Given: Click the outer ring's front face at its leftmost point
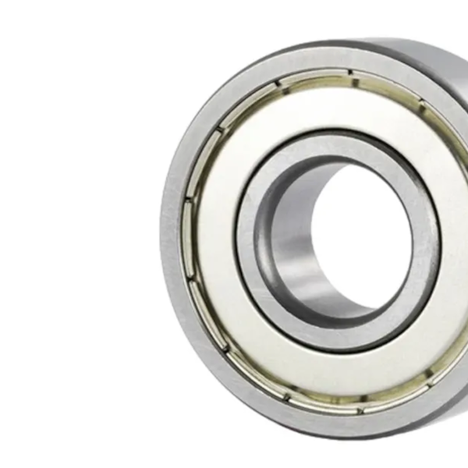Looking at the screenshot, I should (172, 234).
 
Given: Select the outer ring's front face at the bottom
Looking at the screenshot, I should (328, 421).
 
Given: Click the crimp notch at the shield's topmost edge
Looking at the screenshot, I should (350, 74).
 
